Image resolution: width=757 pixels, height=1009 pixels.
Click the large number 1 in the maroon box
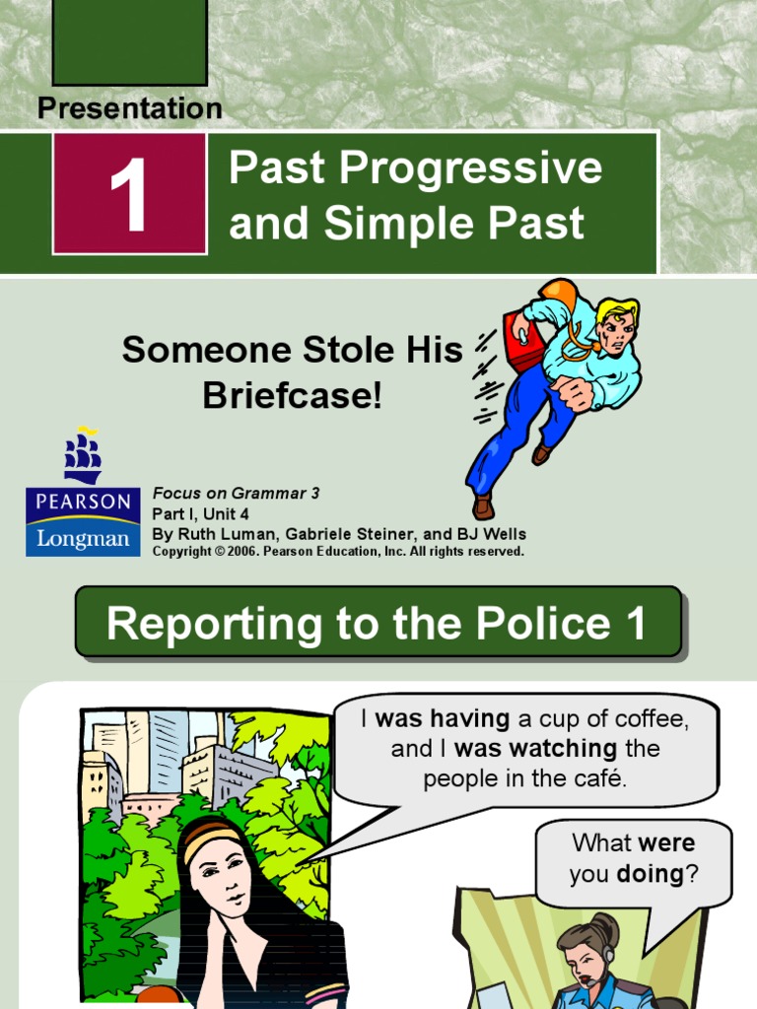[129, 194]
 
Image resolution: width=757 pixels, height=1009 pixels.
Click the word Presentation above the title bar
[129, 108]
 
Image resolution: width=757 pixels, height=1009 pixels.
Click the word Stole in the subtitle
[330, 350]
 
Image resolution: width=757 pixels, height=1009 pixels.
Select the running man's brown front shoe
[482, 505]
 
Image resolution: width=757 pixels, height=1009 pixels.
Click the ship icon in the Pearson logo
[83, 456]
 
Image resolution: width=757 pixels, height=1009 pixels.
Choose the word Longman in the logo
[83, 538]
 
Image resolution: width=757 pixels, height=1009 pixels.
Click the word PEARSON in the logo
[83, 502]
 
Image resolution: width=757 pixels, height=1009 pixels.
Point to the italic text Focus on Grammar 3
[236, 493]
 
